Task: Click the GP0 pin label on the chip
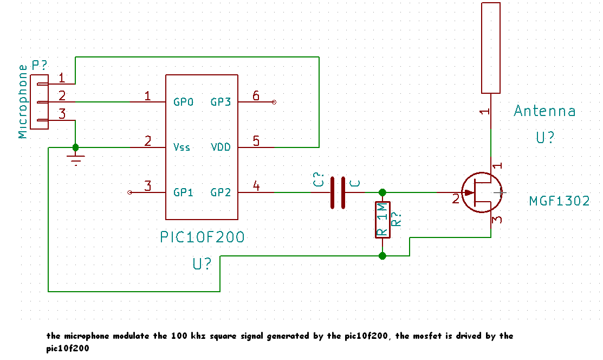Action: [x=183, y=102]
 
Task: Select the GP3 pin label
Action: [x=221, y=102]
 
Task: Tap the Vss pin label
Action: [x=181, y=147]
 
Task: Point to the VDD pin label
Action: [x=221, y=147]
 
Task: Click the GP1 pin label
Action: [x=183, y=192]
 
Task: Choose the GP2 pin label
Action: [x=221, y=192]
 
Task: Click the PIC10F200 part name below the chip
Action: [x=202, y=237]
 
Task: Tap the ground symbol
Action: [x=76, y=159]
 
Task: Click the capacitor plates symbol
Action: [x=338, y=192]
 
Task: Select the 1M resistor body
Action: [x=382, y=220]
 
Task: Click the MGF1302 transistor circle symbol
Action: [x=482, y=192]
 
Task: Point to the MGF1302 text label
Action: [x=559, y=201]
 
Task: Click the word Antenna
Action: [x=544, y=111]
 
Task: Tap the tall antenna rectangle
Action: [x=491, y=48]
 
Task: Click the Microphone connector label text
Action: [x=23, y=101]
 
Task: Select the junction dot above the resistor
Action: [x=382, y=192]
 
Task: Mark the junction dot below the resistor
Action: [x=382, y=256]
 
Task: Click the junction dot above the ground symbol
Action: [x=75, y=147]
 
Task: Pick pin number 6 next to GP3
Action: [x=256, y=95]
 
